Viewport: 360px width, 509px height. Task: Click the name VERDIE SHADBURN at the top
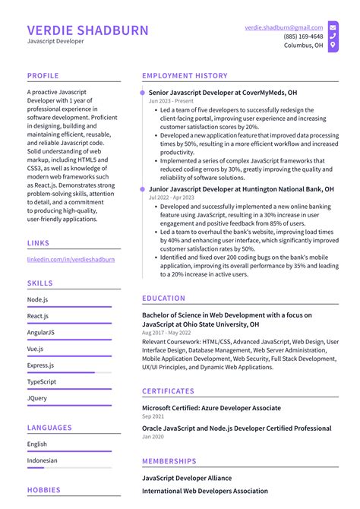(88, 30)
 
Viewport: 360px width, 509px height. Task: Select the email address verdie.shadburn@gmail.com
(283, 27)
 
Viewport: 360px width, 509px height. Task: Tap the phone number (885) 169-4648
(303, 36)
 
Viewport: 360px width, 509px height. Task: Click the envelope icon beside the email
(333, 27)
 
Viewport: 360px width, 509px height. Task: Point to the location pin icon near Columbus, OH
(333, 46)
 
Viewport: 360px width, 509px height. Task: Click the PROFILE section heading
(43, 76)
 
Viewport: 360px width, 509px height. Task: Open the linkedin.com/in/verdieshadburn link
(71, 259)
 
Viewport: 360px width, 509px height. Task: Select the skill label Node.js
(38, 299)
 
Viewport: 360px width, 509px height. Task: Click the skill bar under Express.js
(69, 372)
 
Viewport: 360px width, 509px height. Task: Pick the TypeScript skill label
(42, 381)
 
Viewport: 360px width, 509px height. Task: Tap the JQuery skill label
(37, 397)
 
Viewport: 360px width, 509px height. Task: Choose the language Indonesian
(42, 460)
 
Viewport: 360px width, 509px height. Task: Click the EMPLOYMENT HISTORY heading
(185, 76)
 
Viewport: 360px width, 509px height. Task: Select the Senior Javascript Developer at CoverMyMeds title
(223, 93)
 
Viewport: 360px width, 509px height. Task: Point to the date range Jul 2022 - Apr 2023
(172, 197)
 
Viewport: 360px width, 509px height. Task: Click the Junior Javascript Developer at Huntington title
(241, 188)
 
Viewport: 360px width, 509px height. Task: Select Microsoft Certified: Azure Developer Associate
(211, 408)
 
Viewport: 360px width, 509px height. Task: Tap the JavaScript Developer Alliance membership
(187, 478)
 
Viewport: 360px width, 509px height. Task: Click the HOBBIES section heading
(45, 491)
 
